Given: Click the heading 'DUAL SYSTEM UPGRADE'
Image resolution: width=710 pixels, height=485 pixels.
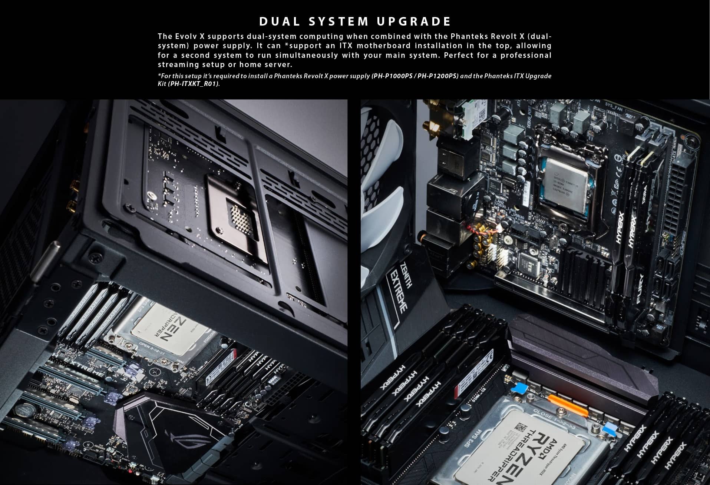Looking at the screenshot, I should [x=355, y=21].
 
